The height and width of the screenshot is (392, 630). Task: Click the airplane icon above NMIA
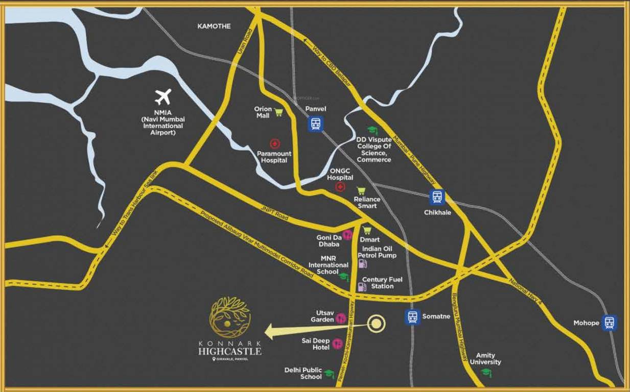pos(163,96)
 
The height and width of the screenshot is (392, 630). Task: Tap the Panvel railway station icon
pos(315,124)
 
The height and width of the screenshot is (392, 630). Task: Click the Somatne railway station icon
pos(412,317)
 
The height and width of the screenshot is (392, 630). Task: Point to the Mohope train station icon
pos(609,323)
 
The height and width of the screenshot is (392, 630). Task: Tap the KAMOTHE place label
pos(214,26)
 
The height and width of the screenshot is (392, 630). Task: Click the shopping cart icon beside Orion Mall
pos(278,112)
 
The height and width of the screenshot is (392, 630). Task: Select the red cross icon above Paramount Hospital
pos(275,144)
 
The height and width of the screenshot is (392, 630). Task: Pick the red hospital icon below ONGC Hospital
pos(340,187)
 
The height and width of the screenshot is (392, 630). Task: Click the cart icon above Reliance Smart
pos(361,191)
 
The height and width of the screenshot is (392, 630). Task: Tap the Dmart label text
pos(369,239)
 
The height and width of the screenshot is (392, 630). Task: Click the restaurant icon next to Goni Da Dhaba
pos(347,235)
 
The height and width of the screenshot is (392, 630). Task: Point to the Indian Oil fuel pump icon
pos(362,264)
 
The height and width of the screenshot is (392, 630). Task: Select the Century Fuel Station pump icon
pos(362,287)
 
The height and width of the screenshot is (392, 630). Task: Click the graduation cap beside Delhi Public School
pos(329,374)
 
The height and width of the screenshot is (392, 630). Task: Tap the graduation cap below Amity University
pos(486,372)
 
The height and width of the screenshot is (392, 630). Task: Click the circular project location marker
pos(377,323)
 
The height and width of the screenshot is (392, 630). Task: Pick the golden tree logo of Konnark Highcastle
pos(230,318)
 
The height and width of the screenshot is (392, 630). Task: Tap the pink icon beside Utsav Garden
pos(341,319)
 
